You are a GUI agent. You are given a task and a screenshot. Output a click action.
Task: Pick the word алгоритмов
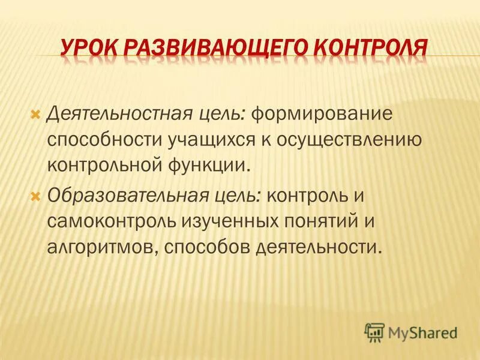pos(103,247)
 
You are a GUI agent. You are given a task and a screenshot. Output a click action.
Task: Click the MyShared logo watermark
pos(411,332)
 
